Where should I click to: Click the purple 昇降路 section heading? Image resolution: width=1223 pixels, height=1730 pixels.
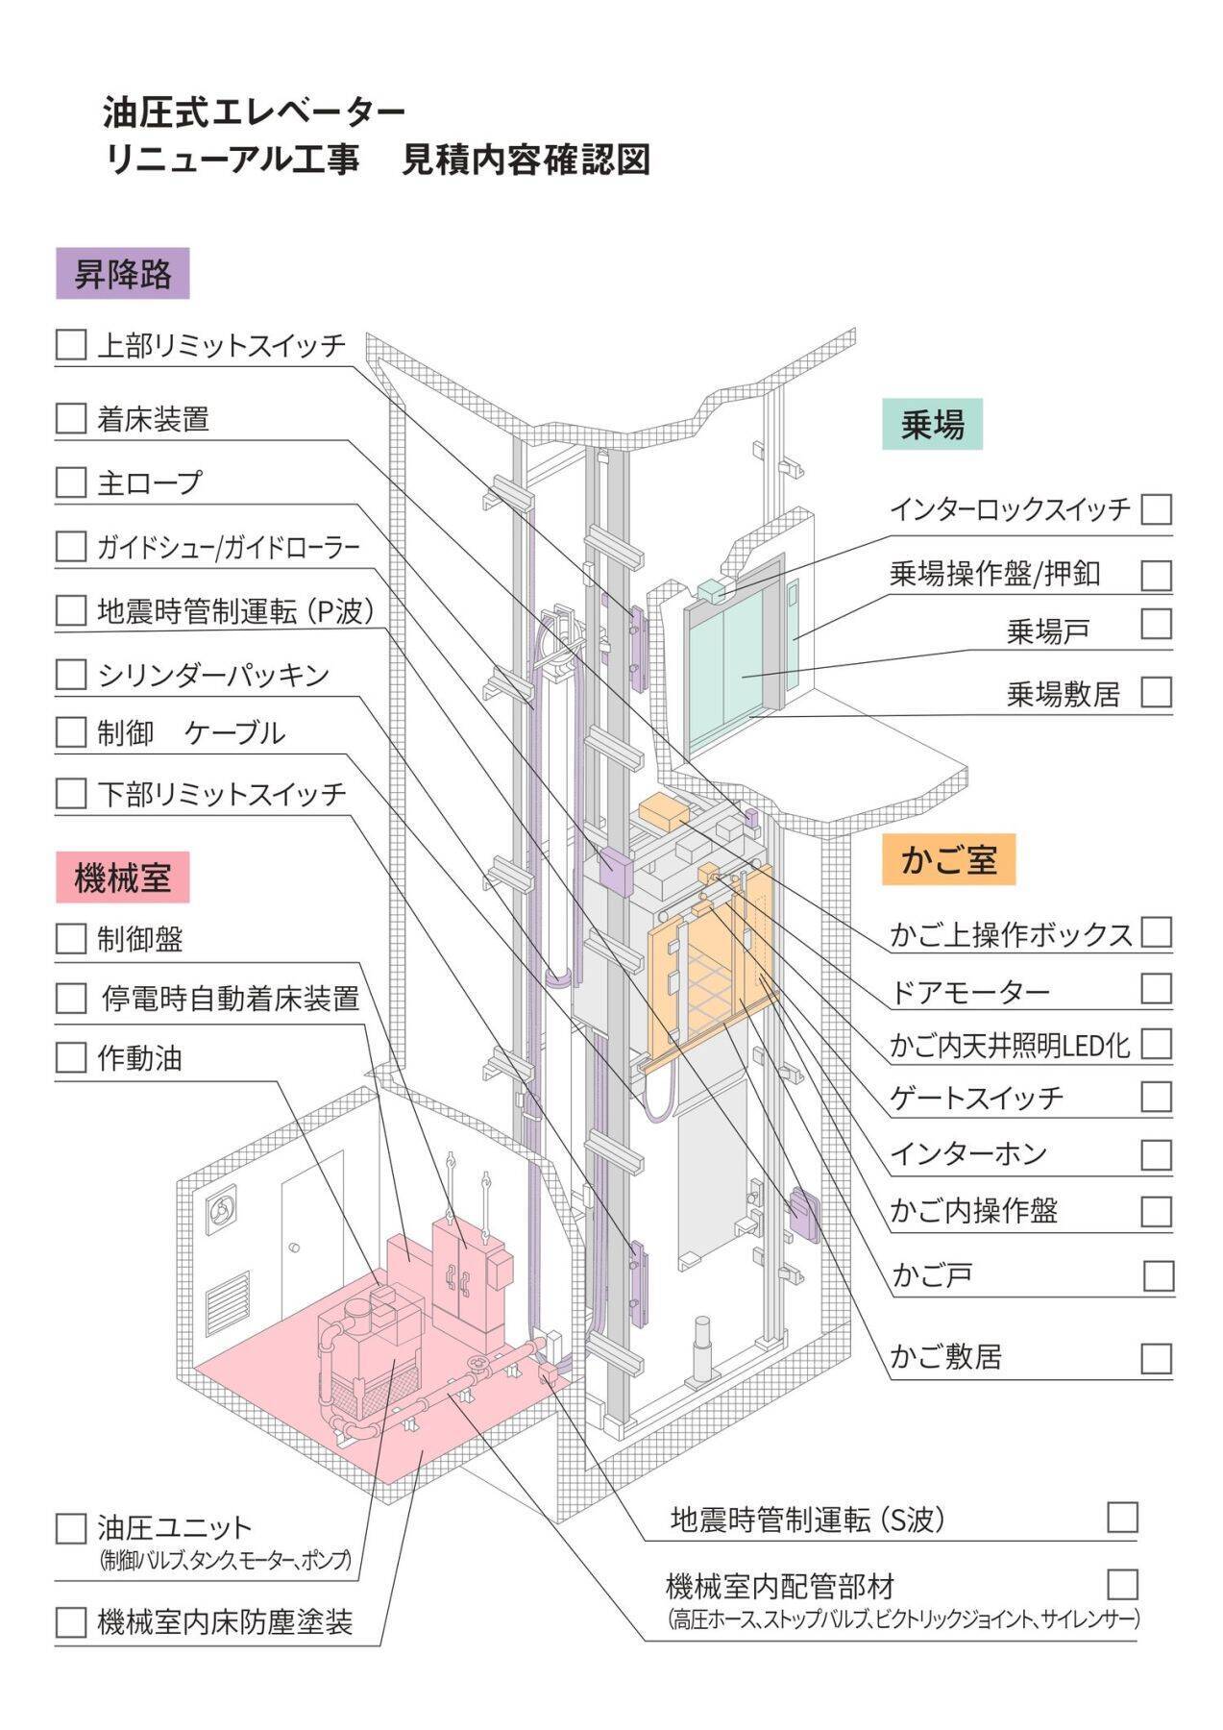point(122,274)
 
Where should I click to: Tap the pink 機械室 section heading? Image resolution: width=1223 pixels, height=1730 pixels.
point(122,877)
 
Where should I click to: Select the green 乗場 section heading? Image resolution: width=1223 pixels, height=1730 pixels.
point(932,424)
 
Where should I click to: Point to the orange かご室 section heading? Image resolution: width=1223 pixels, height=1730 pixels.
point(948,859)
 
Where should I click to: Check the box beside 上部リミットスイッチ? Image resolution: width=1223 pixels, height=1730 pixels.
point(71,345)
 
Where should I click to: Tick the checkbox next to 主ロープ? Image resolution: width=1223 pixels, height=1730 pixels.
point(71,482)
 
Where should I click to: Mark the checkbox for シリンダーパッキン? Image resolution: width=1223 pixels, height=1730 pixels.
point(71,674)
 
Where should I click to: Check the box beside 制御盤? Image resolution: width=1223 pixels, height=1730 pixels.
point(71,938)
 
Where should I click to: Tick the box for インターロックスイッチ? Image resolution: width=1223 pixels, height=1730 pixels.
point(1157,508)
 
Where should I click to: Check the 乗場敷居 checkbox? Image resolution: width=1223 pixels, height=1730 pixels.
point(1157,692)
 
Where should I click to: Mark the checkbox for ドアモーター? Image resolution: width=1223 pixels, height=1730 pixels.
point(1157,988)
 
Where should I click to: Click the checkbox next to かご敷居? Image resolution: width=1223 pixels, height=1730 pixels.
point(1157,1357)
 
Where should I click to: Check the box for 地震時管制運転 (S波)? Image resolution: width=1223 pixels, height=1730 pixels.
point(1122,1517)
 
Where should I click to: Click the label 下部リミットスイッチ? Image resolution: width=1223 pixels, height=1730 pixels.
point(221,794)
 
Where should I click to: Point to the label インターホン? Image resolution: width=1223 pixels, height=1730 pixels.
point(968,1153)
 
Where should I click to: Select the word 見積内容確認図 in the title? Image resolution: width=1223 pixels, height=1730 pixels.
point(526,160)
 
